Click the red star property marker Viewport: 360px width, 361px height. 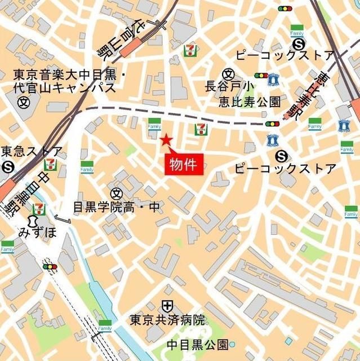pos(166,140)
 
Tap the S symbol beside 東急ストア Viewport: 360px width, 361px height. pos(7,166)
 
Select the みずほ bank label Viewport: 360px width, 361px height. pos(38,232)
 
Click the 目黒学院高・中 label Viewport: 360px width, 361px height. pos(117,208)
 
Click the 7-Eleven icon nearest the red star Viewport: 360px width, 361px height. pos(199,129)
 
